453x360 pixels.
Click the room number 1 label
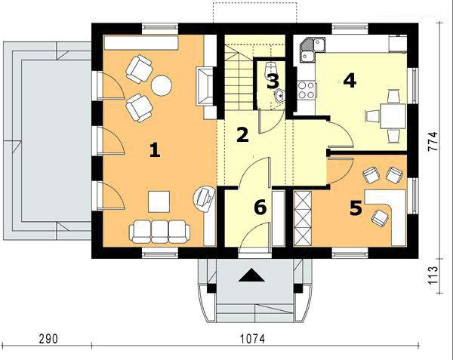click(x=155, y=150)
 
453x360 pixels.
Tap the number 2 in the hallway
click(x=242, y=135)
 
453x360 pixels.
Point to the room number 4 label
click(x=349, y=80)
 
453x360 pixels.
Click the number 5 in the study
click(x=356, y=208)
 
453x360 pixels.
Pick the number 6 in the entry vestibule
click(x=260, y=208)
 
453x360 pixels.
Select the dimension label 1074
click(x=253, y=340)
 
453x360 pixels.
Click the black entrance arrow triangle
click(x=250, y=276)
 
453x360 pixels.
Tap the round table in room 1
click(x=162, y=85)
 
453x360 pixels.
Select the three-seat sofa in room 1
click(x=159, y=231)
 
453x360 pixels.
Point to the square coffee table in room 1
click(x=159, y=202)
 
